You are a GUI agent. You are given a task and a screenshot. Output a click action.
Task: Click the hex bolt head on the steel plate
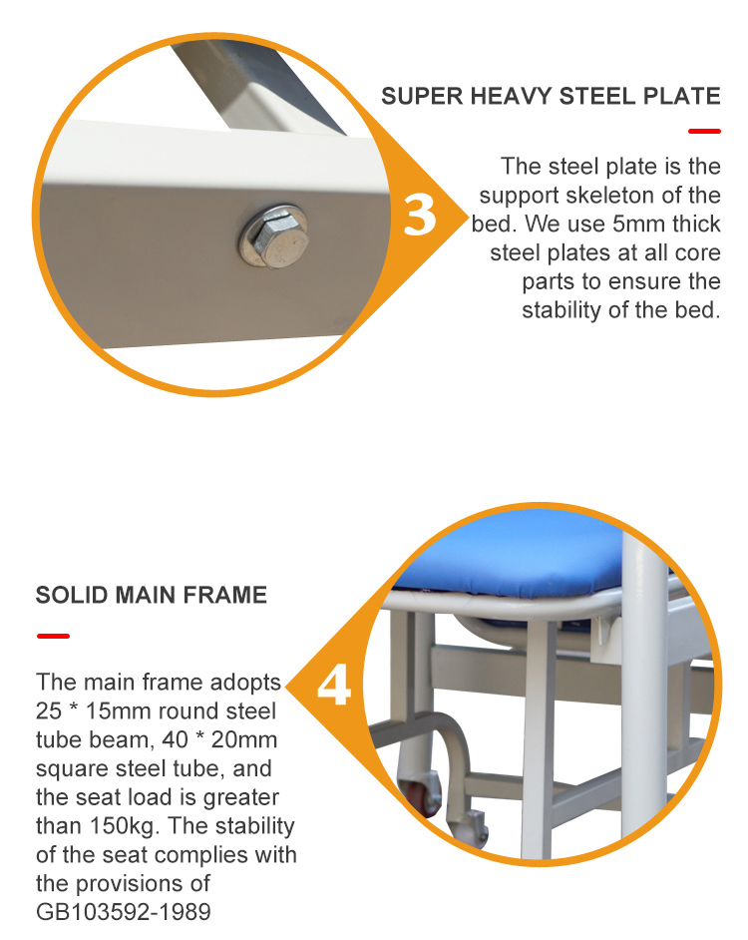273,235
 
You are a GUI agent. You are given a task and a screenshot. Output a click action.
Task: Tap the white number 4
333,688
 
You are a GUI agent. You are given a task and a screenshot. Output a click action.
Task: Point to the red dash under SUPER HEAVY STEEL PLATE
704,131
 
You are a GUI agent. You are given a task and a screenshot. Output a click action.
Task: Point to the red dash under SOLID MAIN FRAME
53,636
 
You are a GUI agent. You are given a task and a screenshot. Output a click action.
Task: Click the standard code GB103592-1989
124,912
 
